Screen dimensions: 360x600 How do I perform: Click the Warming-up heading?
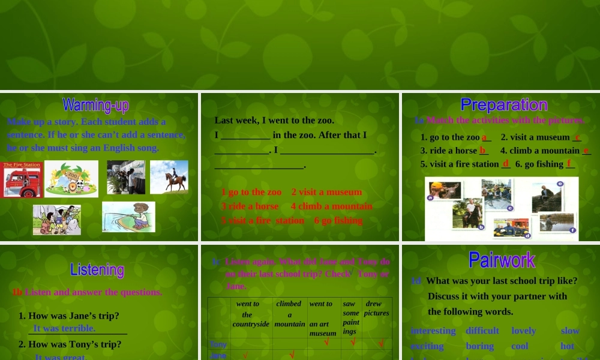95,106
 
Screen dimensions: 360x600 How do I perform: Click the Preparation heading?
503,105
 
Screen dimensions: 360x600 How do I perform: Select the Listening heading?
97,269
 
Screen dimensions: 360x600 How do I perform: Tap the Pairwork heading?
502,260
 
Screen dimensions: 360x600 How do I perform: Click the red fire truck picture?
22,179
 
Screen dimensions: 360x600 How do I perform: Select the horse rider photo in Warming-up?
169,176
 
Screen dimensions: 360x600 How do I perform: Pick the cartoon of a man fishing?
128,217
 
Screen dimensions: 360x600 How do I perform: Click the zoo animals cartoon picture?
71,179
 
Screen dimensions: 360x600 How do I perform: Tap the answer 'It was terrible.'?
64,328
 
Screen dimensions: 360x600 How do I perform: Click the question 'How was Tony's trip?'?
70,344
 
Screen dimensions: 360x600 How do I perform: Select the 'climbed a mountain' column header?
289,313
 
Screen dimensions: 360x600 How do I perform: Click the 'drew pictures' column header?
376,308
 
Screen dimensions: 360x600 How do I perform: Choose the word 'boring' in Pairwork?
479,346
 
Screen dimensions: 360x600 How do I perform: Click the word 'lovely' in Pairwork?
523,331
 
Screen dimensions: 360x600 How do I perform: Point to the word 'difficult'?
482,331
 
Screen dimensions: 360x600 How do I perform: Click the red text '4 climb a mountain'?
331,206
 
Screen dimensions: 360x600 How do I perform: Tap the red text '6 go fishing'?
338,220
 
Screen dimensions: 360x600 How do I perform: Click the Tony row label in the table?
218,344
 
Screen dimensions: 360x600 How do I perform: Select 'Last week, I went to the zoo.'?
274,120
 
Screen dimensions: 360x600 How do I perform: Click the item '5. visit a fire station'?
460,164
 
